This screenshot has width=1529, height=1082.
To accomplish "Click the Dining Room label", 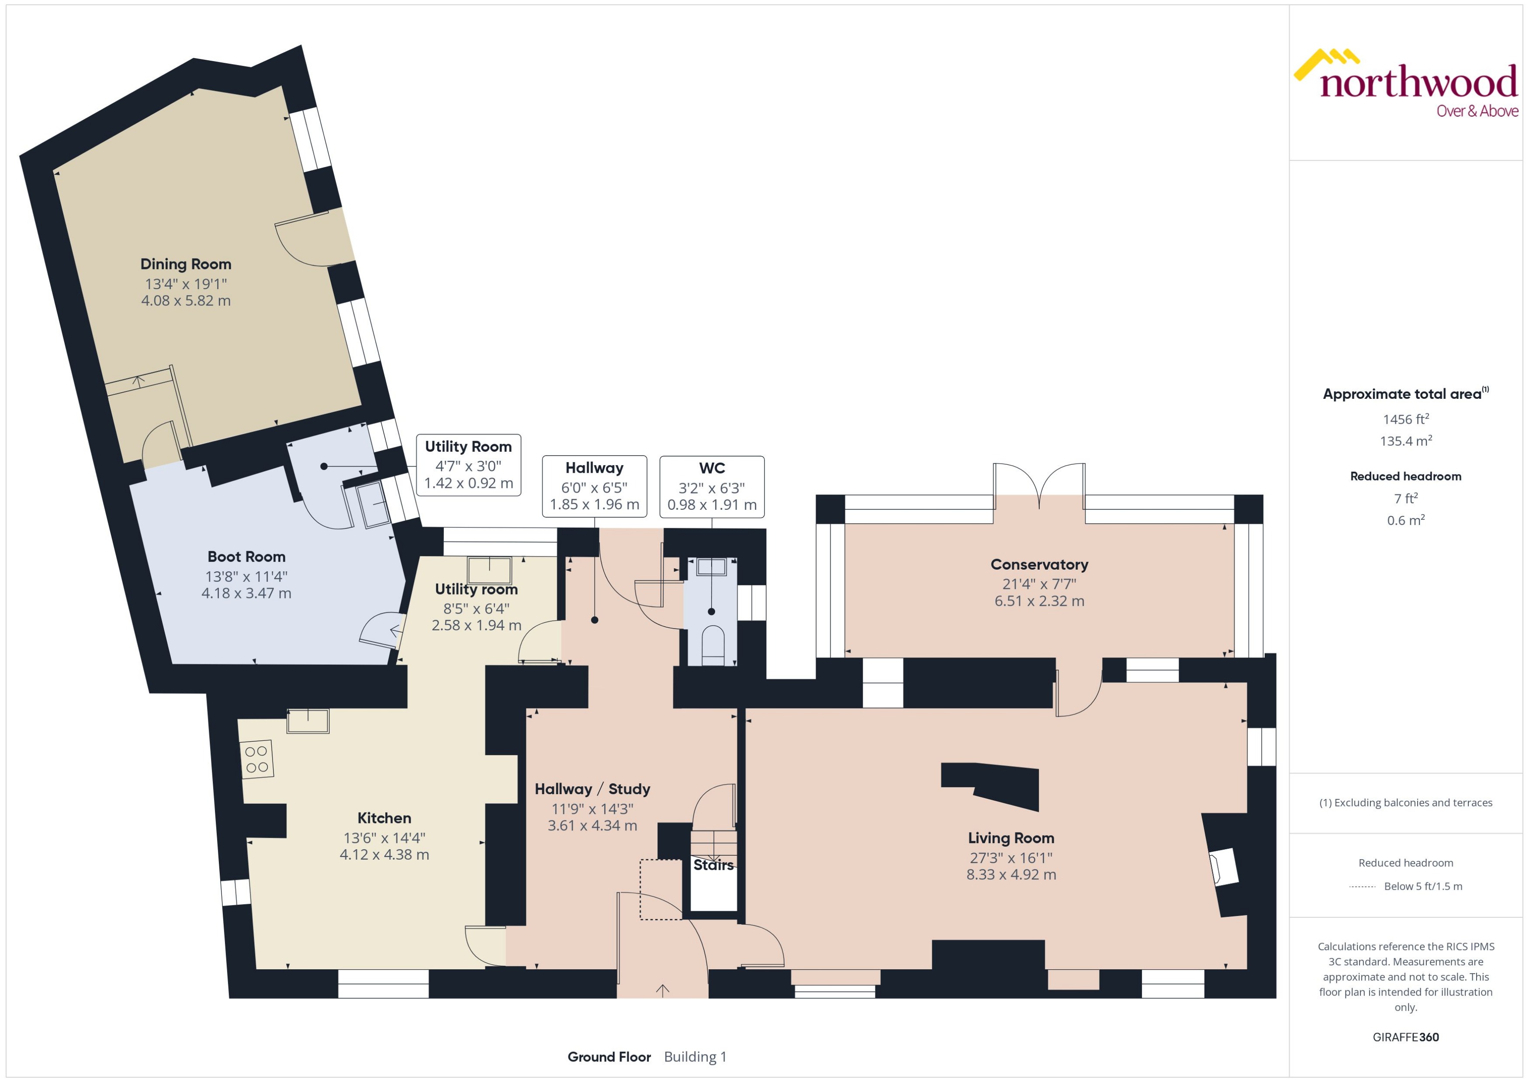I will pos(185,264).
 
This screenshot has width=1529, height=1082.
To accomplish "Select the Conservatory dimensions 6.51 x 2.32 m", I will pos(1039,601).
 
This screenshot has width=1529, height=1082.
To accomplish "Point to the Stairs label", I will pos(713,865).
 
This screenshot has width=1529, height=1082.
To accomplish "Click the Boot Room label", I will pos(246,557).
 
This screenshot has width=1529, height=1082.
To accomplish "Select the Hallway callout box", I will pos(594,486).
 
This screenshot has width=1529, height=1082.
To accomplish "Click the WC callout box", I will pos(712,486).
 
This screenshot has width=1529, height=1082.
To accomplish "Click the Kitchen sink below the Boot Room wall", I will pos(308,721).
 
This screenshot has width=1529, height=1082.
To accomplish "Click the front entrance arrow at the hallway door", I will pos(662,991).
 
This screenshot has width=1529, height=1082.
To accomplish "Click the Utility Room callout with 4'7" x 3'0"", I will pos(468,464).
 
